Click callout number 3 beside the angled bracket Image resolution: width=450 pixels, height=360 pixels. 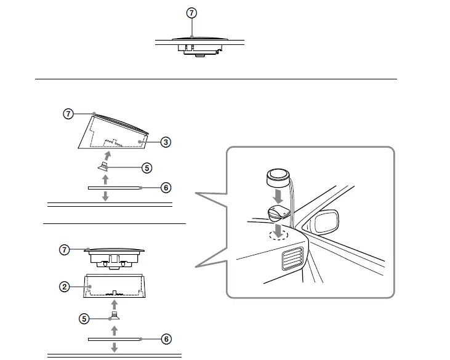coord(166,142)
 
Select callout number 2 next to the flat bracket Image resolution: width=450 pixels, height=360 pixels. coord(63,287)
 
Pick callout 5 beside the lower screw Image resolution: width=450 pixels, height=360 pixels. coord(84,319)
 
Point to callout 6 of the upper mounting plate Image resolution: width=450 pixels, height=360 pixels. coord(166,188)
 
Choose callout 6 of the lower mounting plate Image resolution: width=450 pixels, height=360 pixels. coord(166,339)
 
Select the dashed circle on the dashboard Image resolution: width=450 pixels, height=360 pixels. coord(278,234)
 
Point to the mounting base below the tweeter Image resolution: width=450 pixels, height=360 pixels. coord(278,214)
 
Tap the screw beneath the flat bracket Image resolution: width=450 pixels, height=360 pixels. coord(113,317)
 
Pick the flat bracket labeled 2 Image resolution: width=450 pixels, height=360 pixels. coord(115,287)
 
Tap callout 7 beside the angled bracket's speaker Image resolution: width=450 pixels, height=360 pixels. coord(68,114)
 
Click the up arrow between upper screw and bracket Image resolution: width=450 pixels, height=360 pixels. coord(108,154)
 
